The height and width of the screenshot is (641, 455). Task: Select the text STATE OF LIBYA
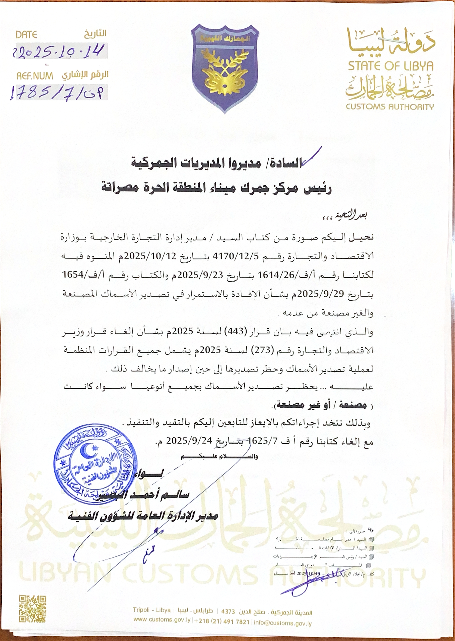click(x=391, y=66)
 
